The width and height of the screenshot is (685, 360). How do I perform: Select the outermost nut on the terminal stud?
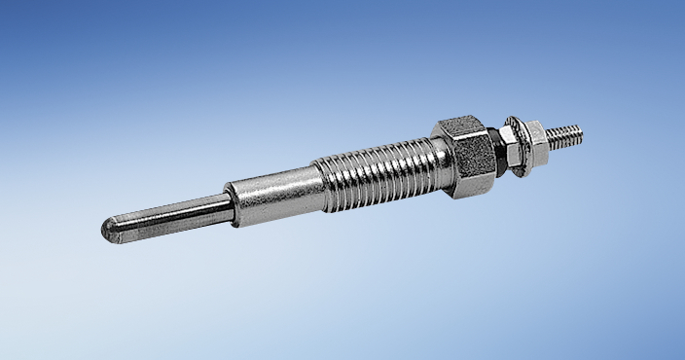coord(531,135)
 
